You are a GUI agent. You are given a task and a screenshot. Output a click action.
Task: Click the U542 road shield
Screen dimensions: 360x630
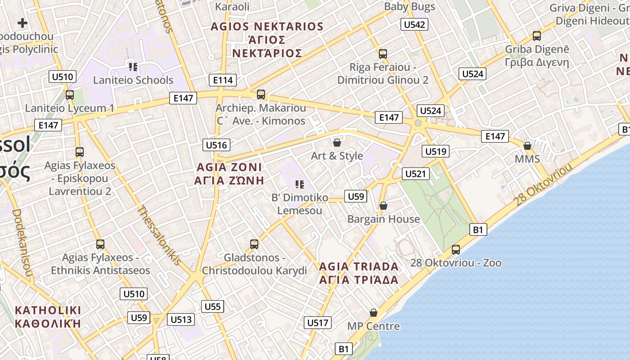click(414, 24)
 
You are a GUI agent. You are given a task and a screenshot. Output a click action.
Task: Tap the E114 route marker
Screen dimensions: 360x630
click(222, 80)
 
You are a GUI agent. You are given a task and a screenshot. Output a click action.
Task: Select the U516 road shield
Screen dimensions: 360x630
click(216, 145)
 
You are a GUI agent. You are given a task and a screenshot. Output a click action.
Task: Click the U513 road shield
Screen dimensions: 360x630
click(181, 319)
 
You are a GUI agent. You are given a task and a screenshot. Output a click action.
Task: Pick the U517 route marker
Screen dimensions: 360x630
click(317, 323)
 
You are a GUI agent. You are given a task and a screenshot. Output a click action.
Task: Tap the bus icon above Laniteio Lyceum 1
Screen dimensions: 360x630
click(70, 95)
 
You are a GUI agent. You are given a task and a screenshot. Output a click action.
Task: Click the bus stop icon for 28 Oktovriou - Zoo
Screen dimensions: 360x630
click(456, 249)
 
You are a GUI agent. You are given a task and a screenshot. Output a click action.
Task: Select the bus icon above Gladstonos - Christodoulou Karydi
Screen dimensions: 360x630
click(254, 244)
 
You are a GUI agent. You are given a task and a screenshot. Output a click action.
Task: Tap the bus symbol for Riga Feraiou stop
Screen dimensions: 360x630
click(383, 54)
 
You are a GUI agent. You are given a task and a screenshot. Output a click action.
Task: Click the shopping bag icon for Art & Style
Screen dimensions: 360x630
click(337, 143)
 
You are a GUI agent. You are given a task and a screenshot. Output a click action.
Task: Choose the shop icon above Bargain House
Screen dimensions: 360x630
click(383, 206)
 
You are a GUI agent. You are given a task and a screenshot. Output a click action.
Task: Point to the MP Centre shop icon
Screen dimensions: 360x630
click(373, 313)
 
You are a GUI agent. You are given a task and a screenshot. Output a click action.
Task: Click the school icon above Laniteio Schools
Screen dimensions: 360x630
click(133, 67)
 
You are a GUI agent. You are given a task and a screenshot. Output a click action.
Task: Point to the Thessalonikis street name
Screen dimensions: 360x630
click(159, 235)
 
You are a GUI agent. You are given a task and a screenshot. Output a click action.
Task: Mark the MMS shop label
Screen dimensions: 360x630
click(527, 159)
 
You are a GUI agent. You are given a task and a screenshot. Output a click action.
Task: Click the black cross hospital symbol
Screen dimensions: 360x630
click(22, 23)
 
